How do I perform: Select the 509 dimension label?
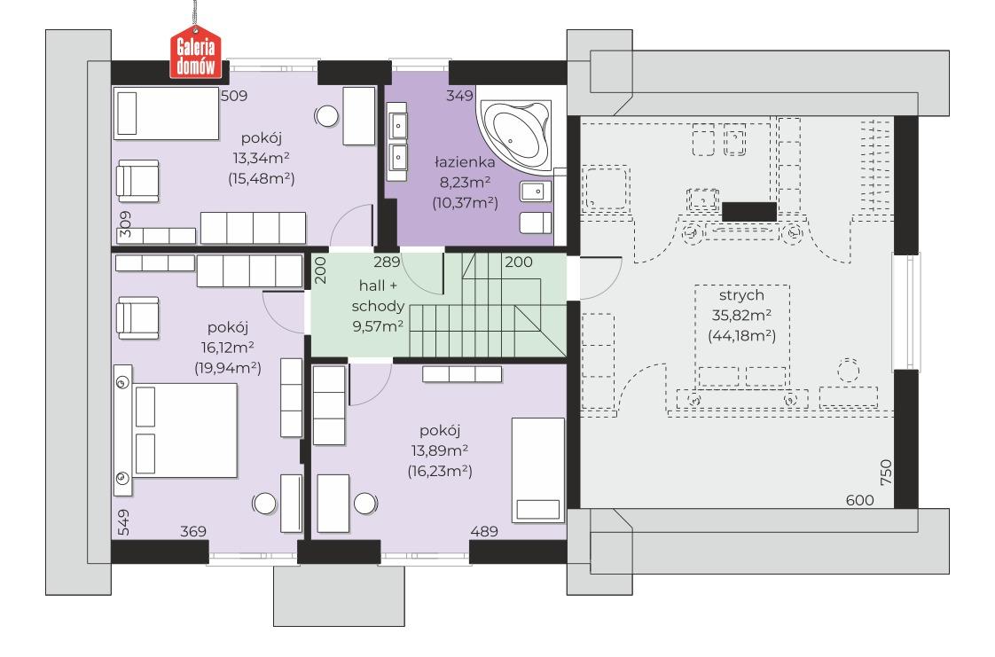point(233,96)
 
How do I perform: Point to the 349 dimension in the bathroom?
point(459,96)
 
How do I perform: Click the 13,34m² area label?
point(262,158)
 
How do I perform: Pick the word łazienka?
point(465,162)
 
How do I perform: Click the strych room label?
point(741,295)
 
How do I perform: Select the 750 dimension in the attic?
point(886,473)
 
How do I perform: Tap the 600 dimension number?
point(860,500)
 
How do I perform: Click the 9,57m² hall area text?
point(378,326)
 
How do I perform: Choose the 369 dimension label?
point(193,531)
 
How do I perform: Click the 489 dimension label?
point(484,531)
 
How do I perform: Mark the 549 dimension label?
point(123,522)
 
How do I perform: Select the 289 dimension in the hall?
point(387,262)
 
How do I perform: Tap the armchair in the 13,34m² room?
point(137,181)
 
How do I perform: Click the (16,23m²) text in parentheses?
point(440,471)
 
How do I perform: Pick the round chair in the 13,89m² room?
point(365,504)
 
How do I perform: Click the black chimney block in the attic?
point(749,212)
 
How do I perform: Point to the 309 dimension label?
point(125,223)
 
